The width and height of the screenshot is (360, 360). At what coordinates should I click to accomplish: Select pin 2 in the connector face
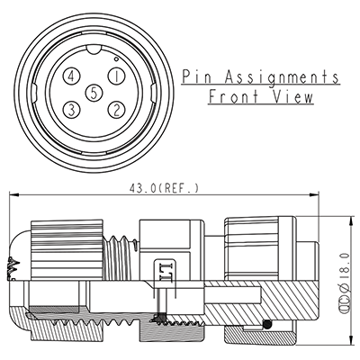114,109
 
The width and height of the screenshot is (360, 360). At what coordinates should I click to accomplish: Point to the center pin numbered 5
94,92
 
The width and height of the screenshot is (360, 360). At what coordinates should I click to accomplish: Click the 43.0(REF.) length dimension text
162,188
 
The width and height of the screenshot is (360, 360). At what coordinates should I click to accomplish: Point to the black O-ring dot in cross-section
266,324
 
